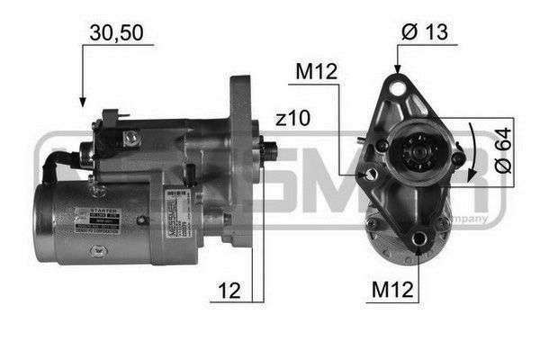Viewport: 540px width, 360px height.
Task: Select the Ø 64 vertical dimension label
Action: (505, 153)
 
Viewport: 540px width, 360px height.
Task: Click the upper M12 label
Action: (317, 72)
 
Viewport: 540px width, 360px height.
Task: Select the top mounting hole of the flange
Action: (397, 86)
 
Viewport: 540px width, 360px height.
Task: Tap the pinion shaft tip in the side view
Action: (267, 148)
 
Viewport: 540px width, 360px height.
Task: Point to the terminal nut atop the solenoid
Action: (131, 137)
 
